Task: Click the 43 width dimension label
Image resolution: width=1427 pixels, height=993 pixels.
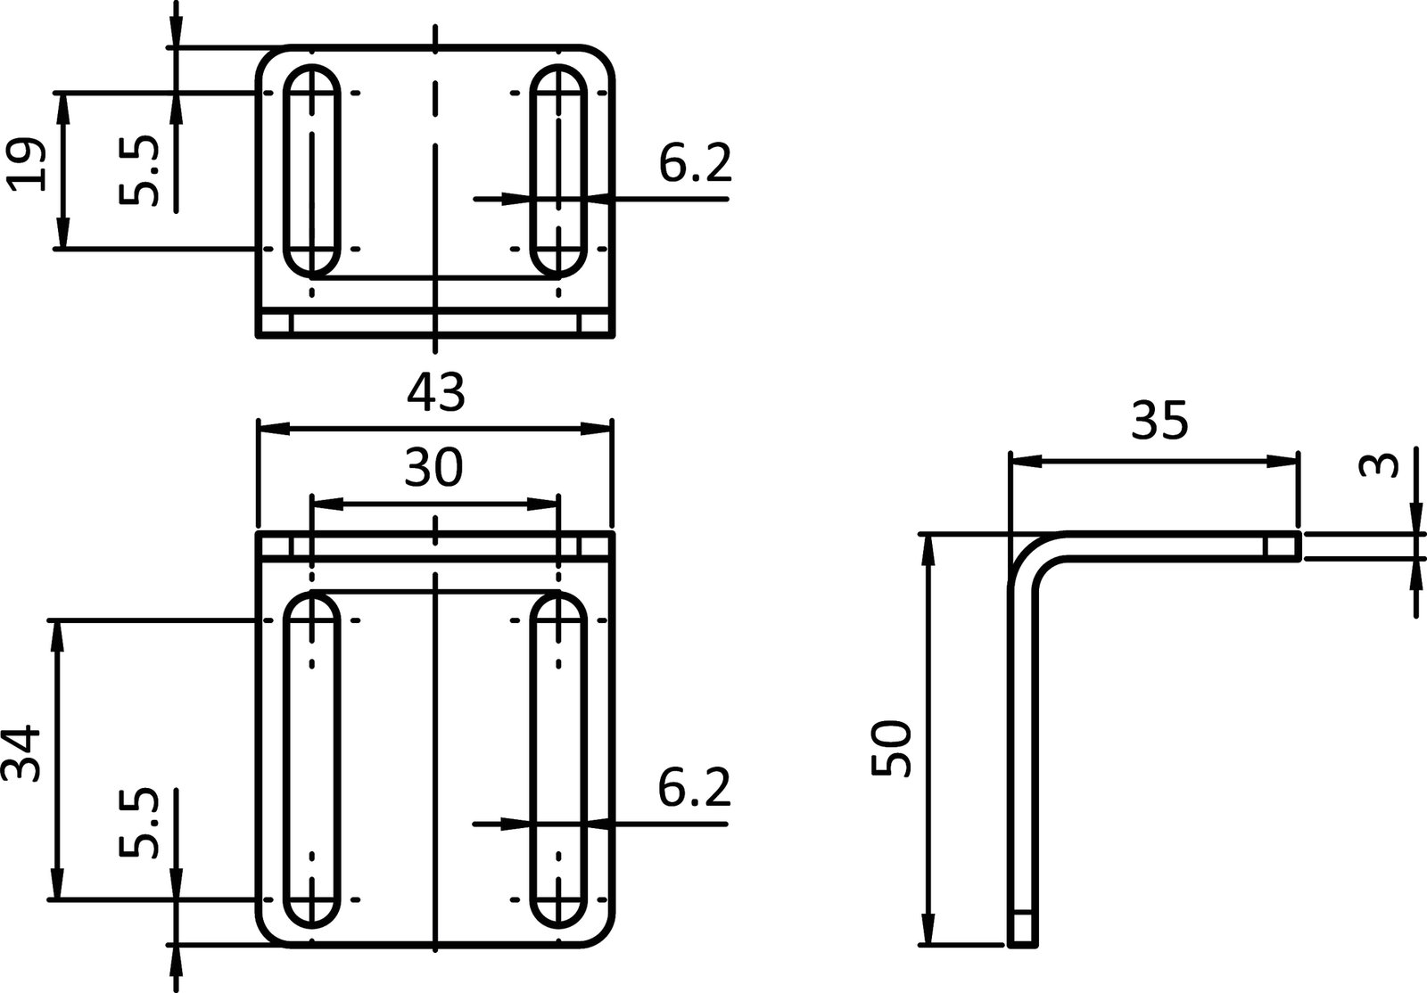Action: [x=436, y=393]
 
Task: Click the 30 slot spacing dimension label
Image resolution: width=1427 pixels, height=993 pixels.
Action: [x=433, y=468]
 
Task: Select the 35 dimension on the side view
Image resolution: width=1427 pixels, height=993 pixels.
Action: [x=1159, y=421]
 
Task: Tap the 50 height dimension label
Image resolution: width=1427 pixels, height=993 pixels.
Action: [x=892, y=749]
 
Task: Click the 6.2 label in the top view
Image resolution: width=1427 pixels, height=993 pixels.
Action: [x=695, y=164]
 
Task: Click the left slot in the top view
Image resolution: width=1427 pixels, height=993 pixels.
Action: [x=312, y=169]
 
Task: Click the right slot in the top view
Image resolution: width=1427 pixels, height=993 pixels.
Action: [x=559, y=169]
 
